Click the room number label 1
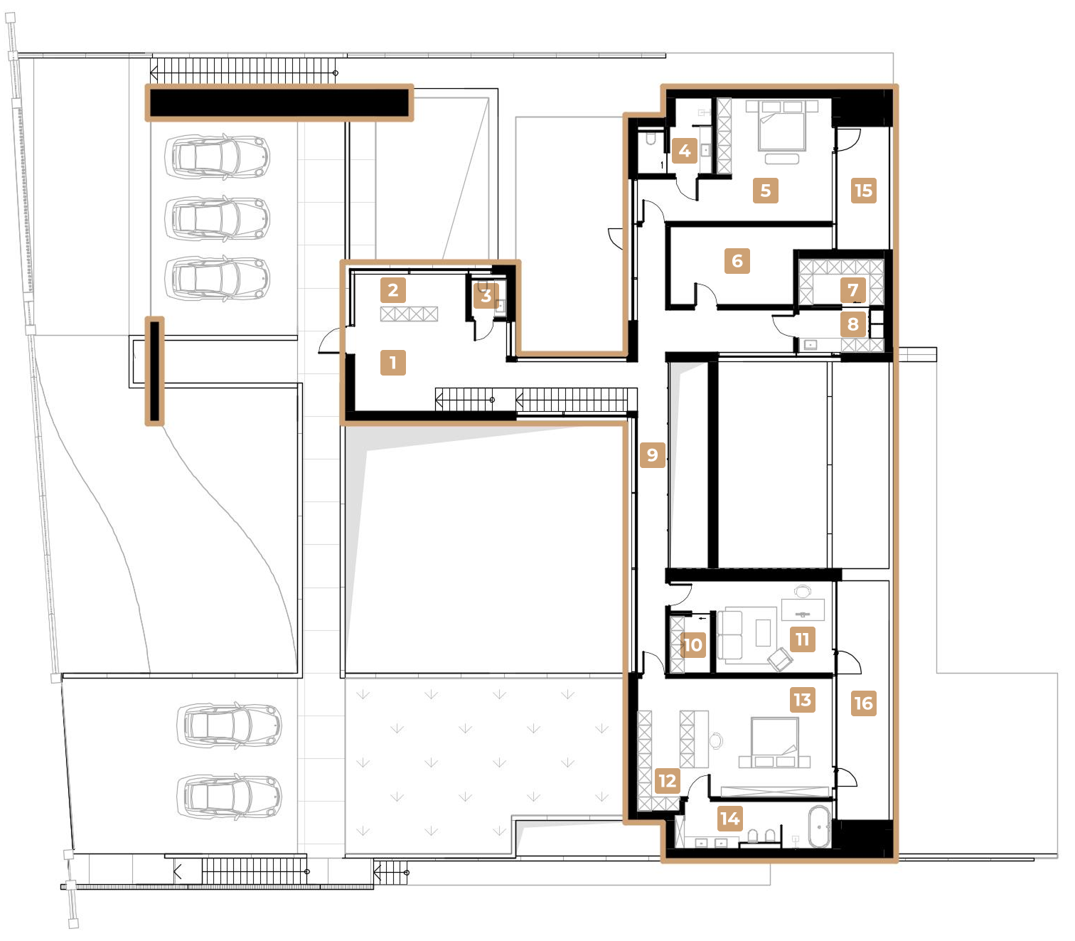(392, 363)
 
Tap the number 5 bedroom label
(765, 191)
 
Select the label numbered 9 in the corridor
(652, 454)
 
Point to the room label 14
(729, 819)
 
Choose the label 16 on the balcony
(863, 703)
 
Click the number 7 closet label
(852, 289)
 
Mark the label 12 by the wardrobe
(668, 781)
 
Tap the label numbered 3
(486, 295)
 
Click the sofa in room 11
(729, 634)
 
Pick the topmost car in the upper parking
(218, 156)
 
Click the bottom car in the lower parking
(228, 797)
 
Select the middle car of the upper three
(218, 218)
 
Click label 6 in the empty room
(737, 261)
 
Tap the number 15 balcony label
(863, 191)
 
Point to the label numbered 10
(692, 644)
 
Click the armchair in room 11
(780, 659)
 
